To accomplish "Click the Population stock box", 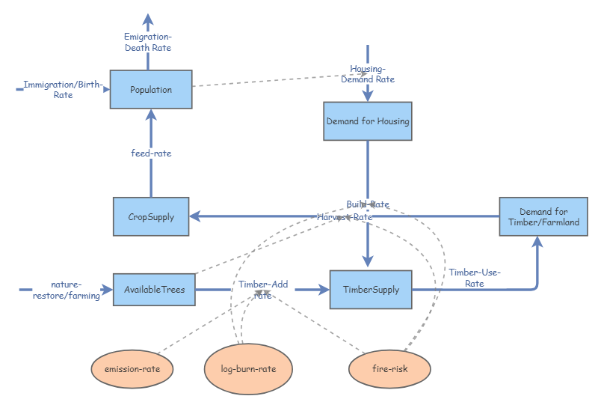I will [151, 90].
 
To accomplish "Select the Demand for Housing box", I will [367, 121].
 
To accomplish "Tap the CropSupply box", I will [151, 217].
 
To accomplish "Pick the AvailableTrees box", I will [154, 290].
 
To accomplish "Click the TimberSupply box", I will [371, 290].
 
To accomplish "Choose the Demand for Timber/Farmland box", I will [539, 217].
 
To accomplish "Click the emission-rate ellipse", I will [132, 369].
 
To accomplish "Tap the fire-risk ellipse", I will [389, 369].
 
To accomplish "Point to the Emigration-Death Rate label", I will [147, 43].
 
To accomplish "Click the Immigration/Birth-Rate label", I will [63, 90].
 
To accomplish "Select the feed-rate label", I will [151, 153].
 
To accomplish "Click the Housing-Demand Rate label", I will [367, 74].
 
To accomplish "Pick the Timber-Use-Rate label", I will [474, 278].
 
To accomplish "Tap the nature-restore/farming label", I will [66, 290].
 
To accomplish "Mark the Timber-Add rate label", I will [263, 290].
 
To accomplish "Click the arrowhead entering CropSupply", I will [194, 216].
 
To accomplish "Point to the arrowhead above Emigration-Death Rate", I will [148, 19].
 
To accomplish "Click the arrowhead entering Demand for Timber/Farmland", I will [537, 243].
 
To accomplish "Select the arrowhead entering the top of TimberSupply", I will [367, 260].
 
